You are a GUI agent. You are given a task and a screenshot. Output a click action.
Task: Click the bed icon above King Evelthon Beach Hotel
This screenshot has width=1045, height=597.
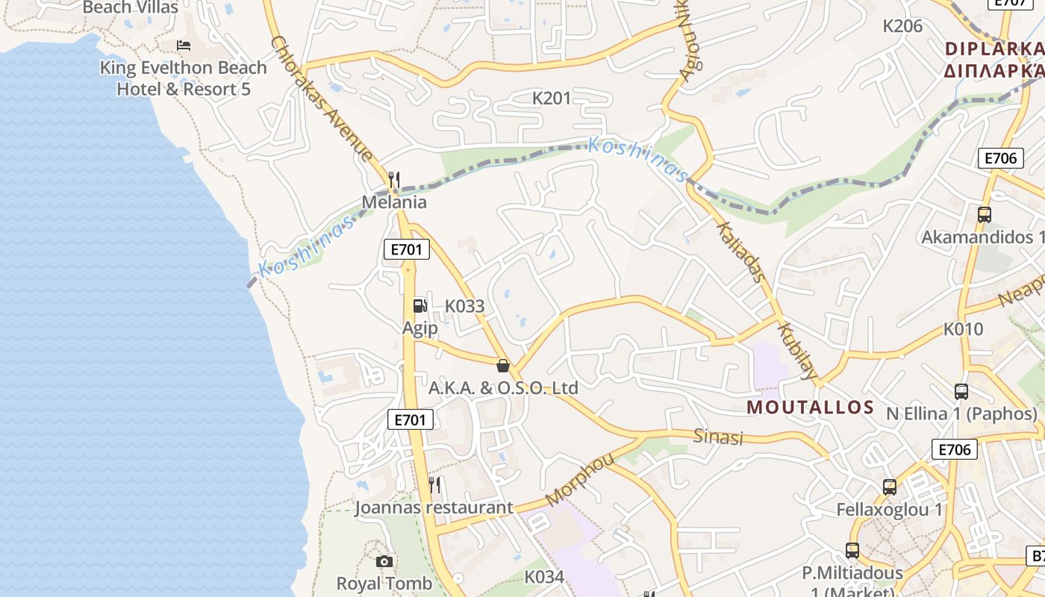click(184, 46)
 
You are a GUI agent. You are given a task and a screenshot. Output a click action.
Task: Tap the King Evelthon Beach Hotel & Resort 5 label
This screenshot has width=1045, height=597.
click(184, 78)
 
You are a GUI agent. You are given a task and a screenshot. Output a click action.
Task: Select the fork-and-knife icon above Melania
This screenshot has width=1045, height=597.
click(394, 180)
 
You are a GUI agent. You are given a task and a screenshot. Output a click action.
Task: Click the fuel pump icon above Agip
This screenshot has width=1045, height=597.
click(420, 305)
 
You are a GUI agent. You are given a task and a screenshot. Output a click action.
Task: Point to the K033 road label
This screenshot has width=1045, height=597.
click(464, 306)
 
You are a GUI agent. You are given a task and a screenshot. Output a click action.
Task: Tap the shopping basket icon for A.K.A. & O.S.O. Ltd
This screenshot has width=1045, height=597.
click(504, 366)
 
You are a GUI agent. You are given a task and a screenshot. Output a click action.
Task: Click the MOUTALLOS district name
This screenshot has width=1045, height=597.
click(810, 407)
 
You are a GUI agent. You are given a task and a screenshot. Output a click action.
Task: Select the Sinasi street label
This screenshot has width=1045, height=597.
click(718, 437)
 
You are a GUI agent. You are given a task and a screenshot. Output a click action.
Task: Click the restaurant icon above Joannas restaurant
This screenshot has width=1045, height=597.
click(434, 485)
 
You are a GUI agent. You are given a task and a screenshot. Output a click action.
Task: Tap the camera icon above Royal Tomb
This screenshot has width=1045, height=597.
click(384, 561)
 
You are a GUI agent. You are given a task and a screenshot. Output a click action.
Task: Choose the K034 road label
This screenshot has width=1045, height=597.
click(544, 577)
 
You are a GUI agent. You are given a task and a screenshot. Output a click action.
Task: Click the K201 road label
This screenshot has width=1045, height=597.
click(552, 98)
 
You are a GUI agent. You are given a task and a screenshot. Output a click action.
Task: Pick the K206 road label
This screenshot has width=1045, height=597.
click(902, 26)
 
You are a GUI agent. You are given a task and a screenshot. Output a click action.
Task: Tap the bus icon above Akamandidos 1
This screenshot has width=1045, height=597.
click(984, 215)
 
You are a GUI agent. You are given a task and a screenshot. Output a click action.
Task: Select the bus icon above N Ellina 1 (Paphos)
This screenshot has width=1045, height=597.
click(961, 391)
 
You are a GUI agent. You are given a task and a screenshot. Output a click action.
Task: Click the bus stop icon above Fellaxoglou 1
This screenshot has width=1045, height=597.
click(889, 487)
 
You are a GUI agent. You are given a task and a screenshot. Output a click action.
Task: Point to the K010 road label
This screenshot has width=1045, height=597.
click(963, 329)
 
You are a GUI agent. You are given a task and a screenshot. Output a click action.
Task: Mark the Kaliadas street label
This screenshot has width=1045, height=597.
click(740, 251)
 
